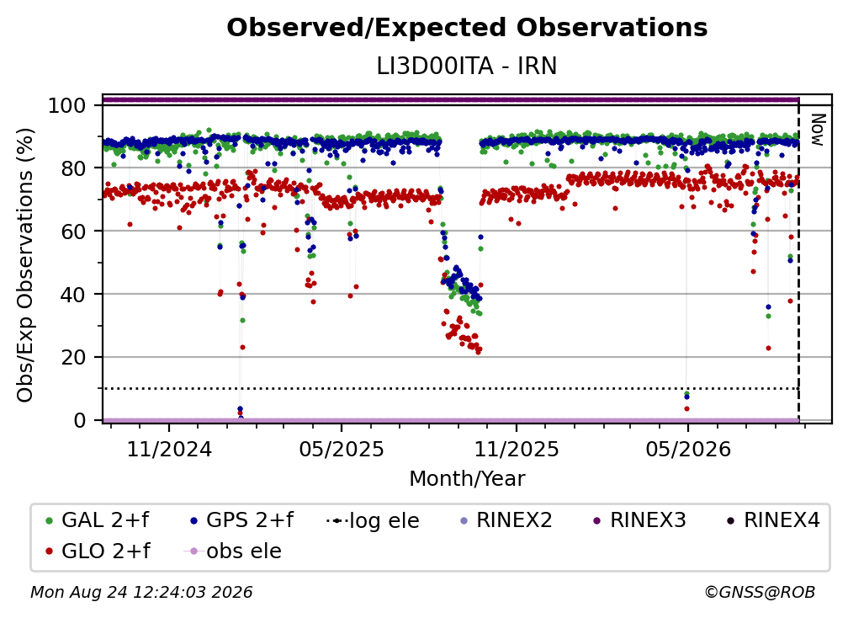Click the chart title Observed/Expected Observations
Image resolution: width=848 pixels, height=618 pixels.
(467, 28)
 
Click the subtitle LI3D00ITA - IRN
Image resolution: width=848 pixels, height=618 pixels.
(467, 67)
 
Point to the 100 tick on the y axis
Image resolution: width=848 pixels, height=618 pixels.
(67, 105)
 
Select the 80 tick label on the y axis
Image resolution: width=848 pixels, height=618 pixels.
(73, 168)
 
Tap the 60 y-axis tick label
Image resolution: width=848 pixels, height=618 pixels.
(73, 231)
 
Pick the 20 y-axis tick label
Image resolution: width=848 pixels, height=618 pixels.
(73, 357)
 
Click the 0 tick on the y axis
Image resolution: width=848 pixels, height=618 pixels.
(80, 420)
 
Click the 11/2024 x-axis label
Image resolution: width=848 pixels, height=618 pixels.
(169, 449)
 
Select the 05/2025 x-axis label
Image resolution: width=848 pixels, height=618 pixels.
(342, 449)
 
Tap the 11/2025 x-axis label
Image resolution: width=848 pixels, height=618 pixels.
(517, 449)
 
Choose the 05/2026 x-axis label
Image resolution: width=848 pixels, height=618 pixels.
(688, 449)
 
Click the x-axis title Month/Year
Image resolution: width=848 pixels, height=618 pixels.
(467, 479)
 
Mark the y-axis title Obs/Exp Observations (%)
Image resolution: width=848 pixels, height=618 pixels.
(25, 265)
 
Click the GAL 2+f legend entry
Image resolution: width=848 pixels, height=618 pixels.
(98, 520)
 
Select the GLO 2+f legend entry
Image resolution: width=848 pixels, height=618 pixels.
(98, 551)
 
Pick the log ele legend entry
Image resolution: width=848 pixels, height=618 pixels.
(374, 520)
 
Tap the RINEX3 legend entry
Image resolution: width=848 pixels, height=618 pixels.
(639, 520)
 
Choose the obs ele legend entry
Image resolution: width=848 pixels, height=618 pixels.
(233, 551)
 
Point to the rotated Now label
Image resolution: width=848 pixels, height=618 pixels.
(817, 130)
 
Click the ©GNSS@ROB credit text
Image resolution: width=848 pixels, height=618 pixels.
(760, 593)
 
